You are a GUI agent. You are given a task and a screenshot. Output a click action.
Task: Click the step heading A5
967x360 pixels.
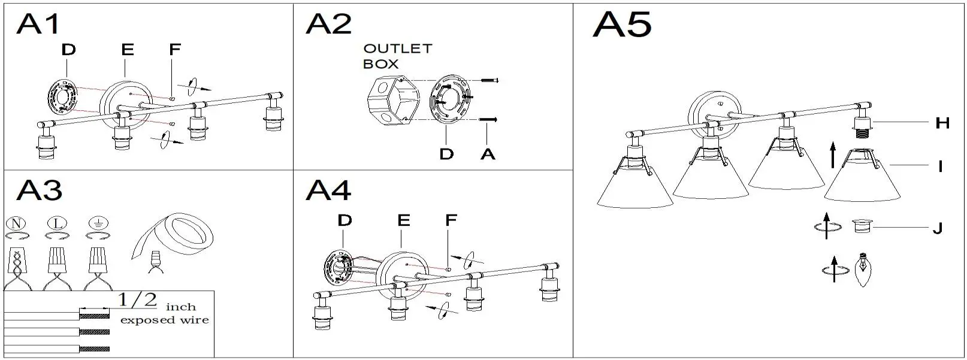(622, 25)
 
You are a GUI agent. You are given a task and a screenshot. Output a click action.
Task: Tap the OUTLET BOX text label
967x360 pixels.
(397, 56)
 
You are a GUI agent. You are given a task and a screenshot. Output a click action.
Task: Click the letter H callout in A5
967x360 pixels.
(942, 123)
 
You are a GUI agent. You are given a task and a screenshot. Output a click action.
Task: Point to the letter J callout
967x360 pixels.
(938, 228)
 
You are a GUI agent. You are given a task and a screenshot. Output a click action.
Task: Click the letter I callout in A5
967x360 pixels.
(941, 166)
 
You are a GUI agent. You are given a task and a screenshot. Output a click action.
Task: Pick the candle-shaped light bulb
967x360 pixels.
(862, 270)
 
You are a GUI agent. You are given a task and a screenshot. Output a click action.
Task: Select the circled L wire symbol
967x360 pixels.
(56, 223)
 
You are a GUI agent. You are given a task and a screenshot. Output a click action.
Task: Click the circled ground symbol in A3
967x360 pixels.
(98, 223)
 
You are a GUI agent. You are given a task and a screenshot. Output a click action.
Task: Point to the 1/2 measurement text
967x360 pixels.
(138, 300)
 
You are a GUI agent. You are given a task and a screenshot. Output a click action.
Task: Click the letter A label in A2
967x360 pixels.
(488, 154)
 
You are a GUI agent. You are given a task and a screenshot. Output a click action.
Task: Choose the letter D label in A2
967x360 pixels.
(446, 154)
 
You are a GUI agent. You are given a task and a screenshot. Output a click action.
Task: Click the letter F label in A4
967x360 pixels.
(451, 220)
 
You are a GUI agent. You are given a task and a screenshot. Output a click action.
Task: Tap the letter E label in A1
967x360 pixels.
(128, 50)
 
